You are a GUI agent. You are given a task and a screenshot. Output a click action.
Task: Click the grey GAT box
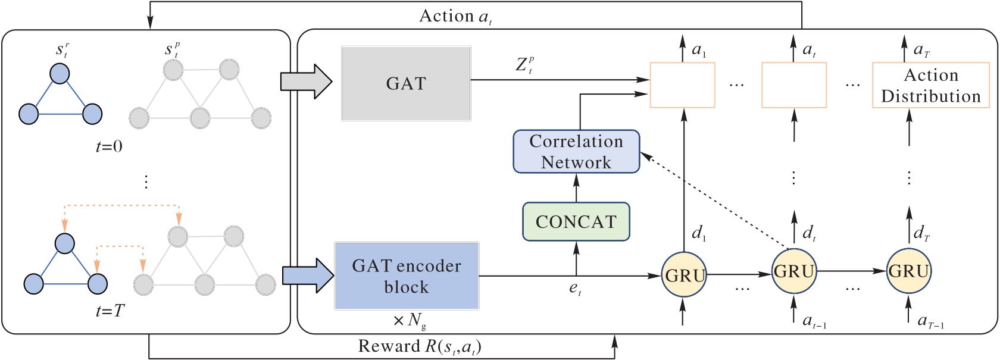pos(406,83)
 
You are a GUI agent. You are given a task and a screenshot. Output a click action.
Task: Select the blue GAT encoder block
pos(407,276)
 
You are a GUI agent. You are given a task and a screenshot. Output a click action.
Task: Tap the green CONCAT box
pos(576,221)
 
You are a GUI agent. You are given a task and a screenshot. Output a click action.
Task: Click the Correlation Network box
pos(576,152)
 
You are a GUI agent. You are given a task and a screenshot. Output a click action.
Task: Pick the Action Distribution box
pos(931,86)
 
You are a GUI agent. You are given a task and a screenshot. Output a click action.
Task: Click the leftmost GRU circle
pos(685,275)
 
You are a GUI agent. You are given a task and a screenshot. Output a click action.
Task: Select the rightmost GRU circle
pos(909,271)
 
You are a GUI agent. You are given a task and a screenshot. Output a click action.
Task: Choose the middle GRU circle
pos(794,271)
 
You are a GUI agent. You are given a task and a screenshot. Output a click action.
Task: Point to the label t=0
pos(109,146)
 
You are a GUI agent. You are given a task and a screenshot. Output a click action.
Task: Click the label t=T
pos(110,311)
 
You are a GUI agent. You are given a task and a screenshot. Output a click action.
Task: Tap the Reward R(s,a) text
pos(420,347)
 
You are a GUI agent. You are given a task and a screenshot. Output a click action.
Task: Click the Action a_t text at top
pos(455,16)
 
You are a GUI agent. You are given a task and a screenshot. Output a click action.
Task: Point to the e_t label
pos(575,289)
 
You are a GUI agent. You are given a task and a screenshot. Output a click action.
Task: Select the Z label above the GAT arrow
pos(524,65)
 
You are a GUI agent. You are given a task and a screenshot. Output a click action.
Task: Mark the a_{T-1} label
pos(931,322)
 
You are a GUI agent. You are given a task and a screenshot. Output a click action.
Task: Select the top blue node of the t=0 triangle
pos(59,74)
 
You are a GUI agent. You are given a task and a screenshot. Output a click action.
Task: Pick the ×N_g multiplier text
pos(410,321)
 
